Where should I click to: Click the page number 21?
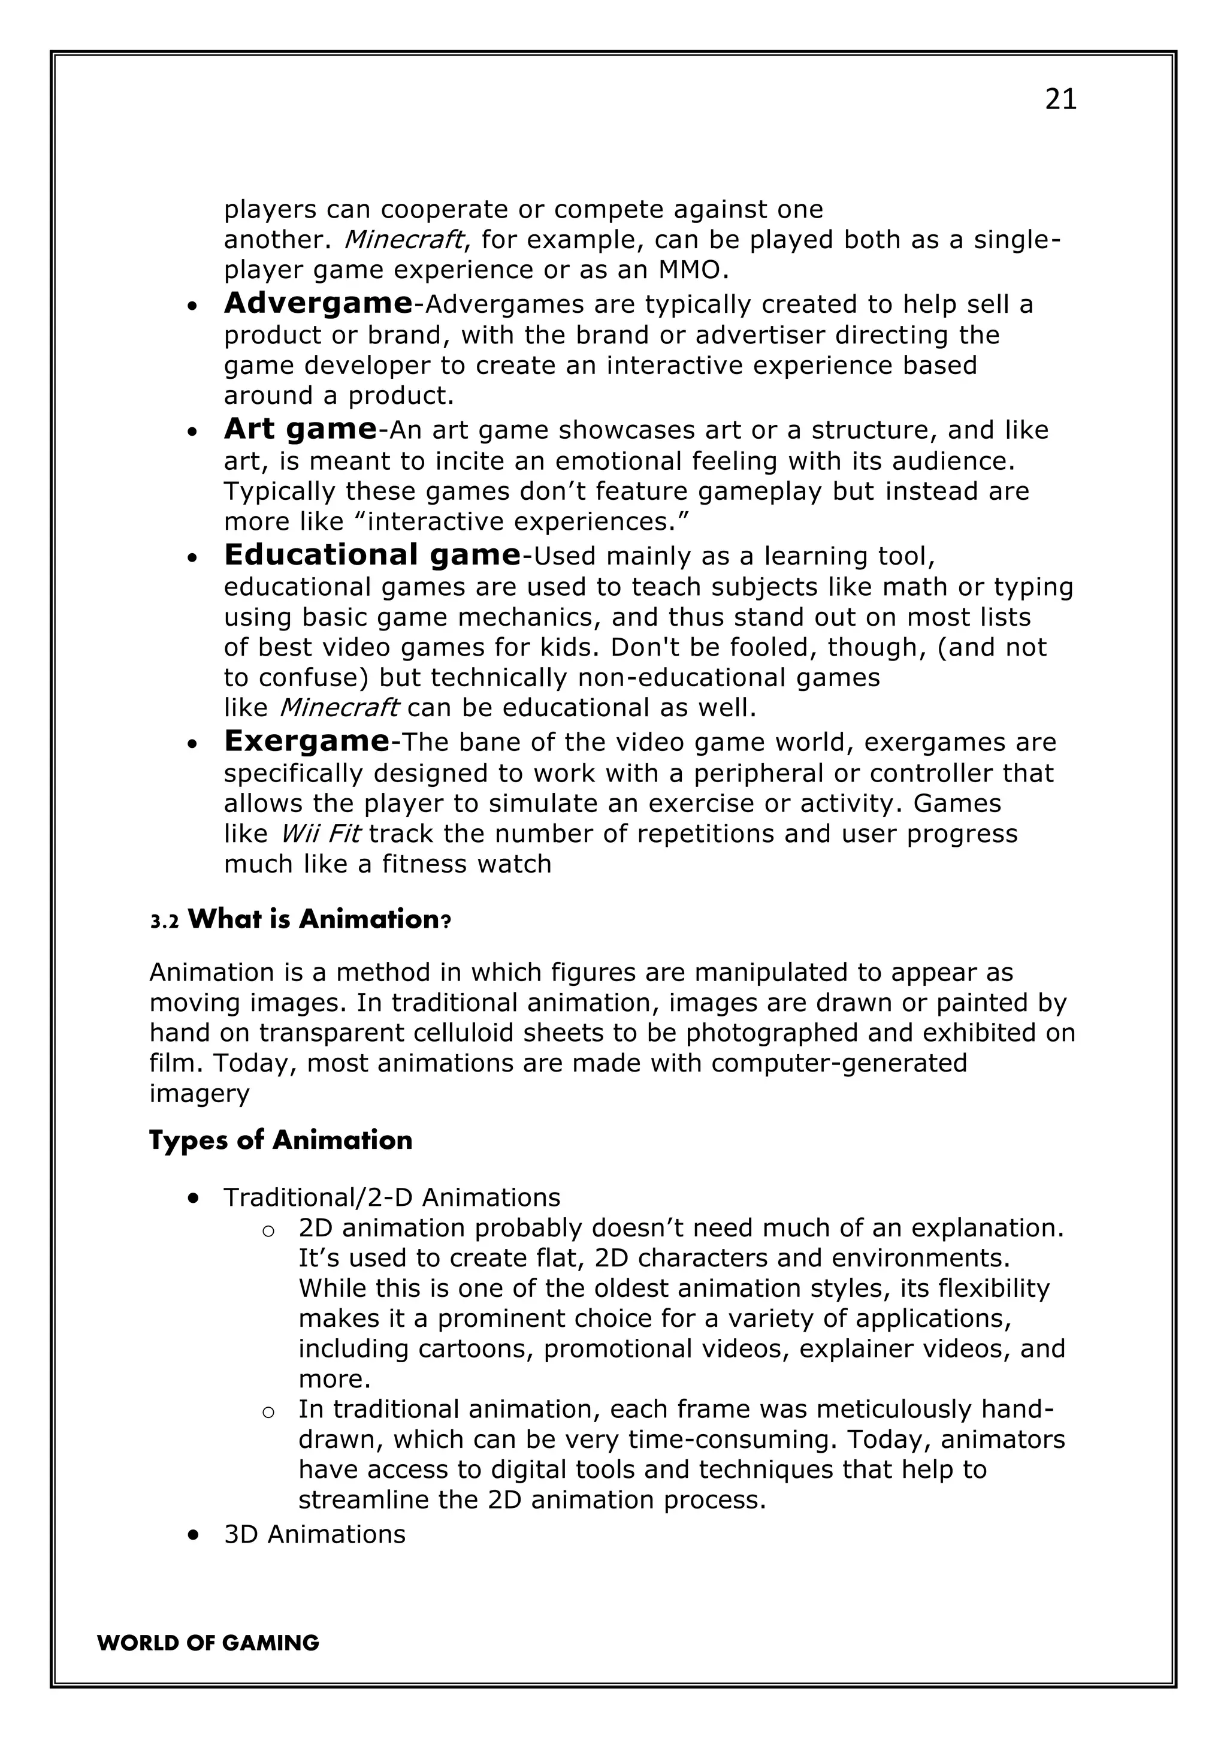[1060, 99]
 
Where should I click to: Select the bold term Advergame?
[318, 303]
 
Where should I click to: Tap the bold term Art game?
[301, 429]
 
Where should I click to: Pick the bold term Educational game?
[371, 555]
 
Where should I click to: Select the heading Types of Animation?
[280, 1140]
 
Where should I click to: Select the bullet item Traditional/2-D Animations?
[391, 1197]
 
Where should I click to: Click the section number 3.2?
[164, 921]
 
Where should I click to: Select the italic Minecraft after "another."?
[403, 240]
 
